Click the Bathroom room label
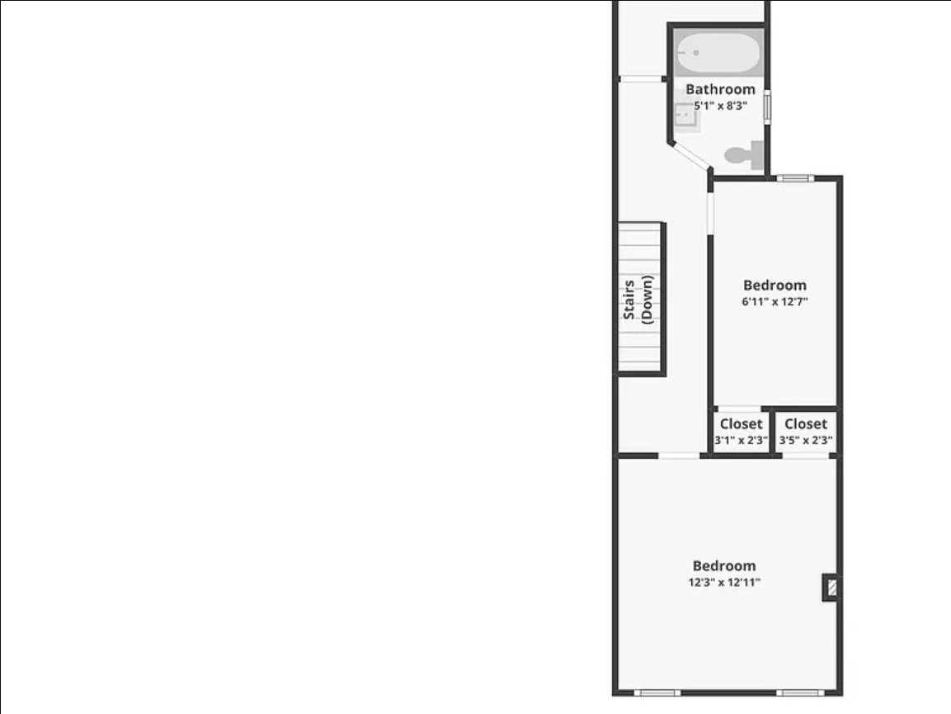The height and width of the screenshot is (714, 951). point(721,89)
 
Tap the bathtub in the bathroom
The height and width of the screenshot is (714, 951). point(718,52)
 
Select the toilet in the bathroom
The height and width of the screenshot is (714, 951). point(744,155)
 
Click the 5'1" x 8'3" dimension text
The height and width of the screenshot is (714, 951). point(721,106)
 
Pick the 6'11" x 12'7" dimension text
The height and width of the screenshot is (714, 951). point(775,302)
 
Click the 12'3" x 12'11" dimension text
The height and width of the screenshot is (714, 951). point(724,582)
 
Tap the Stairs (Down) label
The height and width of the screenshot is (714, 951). point(638,300)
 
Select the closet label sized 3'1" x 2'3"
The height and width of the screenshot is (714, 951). point(741,431)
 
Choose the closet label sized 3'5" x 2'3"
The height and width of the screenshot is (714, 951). point(806,431)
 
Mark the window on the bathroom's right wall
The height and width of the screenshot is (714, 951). point(767,106)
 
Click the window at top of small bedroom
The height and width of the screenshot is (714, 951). point(795,178)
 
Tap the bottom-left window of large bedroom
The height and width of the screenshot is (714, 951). point(657,693)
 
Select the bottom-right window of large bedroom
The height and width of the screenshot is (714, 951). point(800,693)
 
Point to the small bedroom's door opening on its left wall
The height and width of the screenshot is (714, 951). point(710,213)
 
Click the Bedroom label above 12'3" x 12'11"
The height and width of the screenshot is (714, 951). point(724,566)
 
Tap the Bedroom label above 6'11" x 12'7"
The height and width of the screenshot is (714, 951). point(775,286)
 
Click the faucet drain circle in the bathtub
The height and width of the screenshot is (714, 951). point(696,53)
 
